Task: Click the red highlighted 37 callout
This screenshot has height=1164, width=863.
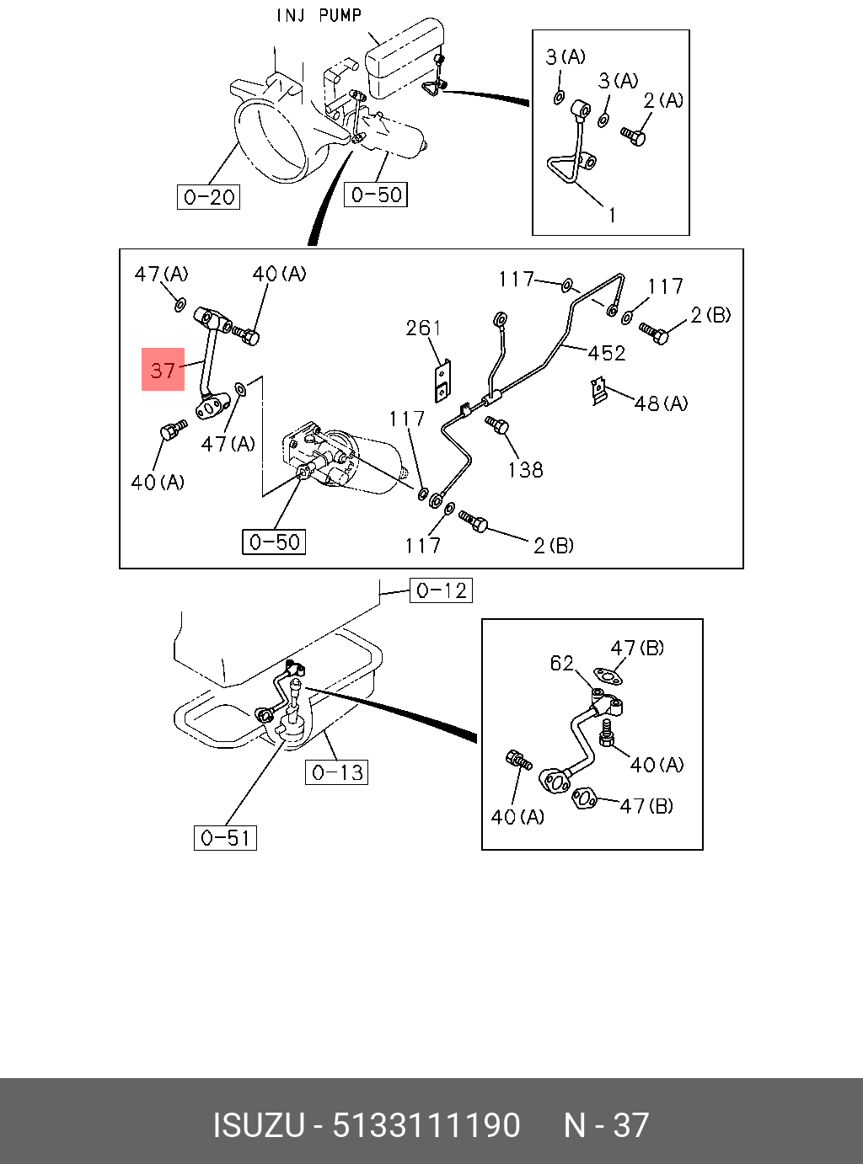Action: [163, 370]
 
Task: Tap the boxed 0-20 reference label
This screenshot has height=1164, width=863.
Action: [209, 197]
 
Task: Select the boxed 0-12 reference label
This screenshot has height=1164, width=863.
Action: [442, 590]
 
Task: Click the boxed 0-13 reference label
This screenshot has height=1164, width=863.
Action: [337, 772]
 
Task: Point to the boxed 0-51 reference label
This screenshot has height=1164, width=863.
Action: [225, 838]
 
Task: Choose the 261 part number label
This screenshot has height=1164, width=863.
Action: [423, 328]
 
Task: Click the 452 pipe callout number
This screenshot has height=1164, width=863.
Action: [607, 353]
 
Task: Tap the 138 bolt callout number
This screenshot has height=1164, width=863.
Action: [525, 469]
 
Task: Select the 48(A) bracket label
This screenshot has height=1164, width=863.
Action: [662, 403]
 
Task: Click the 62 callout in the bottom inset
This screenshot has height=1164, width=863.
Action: [562, 664]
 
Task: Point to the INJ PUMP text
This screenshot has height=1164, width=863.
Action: [319, 15]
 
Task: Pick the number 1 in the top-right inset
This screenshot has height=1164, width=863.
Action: [612, 216]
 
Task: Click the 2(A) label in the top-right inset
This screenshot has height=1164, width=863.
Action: [663, 100]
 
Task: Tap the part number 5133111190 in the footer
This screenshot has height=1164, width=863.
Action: [426, 1126]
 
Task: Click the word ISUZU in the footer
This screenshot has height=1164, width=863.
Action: [258, 1126]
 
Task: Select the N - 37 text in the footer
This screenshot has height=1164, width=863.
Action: [606, 1126]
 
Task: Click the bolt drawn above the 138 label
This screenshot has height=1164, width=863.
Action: [497, 426]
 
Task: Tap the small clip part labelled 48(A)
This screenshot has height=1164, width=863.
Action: [599, 391]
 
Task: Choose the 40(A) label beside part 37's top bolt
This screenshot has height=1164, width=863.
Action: [280, 274]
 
